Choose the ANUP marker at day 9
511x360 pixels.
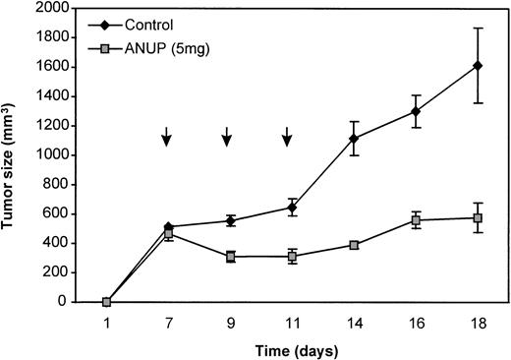coord(230,257)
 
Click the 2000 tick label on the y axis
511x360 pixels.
coord(56,8)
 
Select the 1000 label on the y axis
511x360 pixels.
coord(56,155)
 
